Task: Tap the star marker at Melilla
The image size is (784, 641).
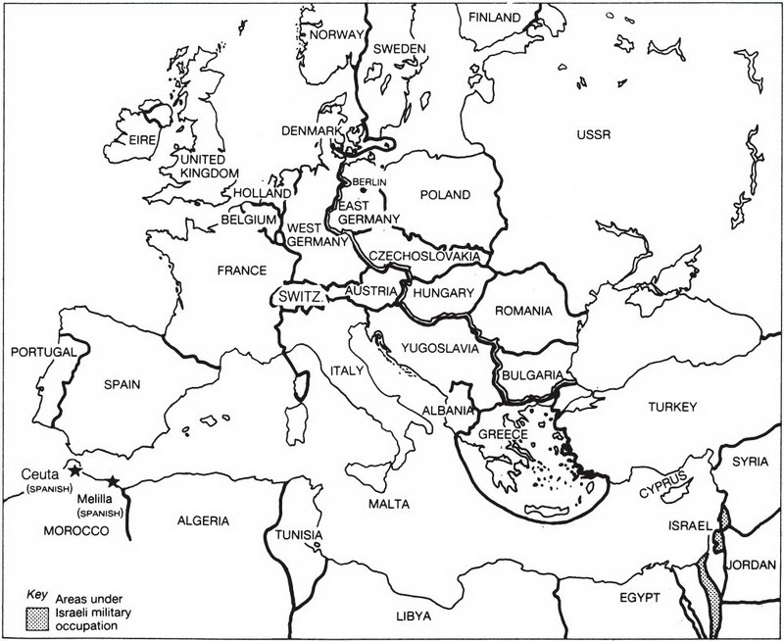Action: (114, 480)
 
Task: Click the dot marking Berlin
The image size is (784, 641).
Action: (362, 190)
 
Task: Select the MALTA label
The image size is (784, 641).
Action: (387, 503)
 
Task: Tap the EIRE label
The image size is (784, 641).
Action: (143, 140)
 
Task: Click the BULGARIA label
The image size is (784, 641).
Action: (530, 374)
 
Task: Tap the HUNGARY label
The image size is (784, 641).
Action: (444, 292)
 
